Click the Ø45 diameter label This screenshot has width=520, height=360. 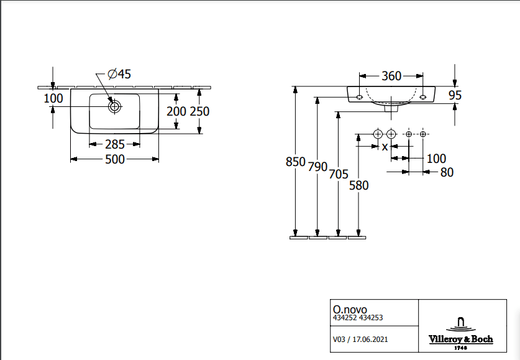(x=119, y=75)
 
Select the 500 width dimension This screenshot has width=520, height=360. (x=115, y=159)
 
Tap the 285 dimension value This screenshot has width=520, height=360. (x=114, y=144)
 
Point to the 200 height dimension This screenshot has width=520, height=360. (x=177, y=111)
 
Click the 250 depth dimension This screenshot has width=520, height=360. (x=199, y=111)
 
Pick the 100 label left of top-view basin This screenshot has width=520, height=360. (x=53, y=98)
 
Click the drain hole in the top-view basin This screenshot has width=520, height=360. (x=114, y=106)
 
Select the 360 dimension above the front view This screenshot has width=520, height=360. (x=391, y=76)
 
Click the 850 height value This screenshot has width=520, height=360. (x=296, y=162)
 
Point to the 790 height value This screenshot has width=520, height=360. (x=317, y=167)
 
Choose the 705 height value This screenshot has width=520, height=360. (x=338, y=175)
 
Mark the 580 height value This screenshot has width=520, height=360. (x=358, y=185)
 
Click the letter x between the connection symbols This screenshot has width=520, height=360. (x=385, y=147)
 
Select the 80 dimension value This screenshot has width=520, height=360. (x=447, y=172)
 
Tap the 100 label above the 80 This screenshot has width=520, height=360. (x=436, y=159)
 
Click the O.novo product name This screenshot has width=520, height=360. (x=350, y=308)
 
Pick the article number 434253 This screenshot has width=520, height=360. (x=371, y=318)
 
